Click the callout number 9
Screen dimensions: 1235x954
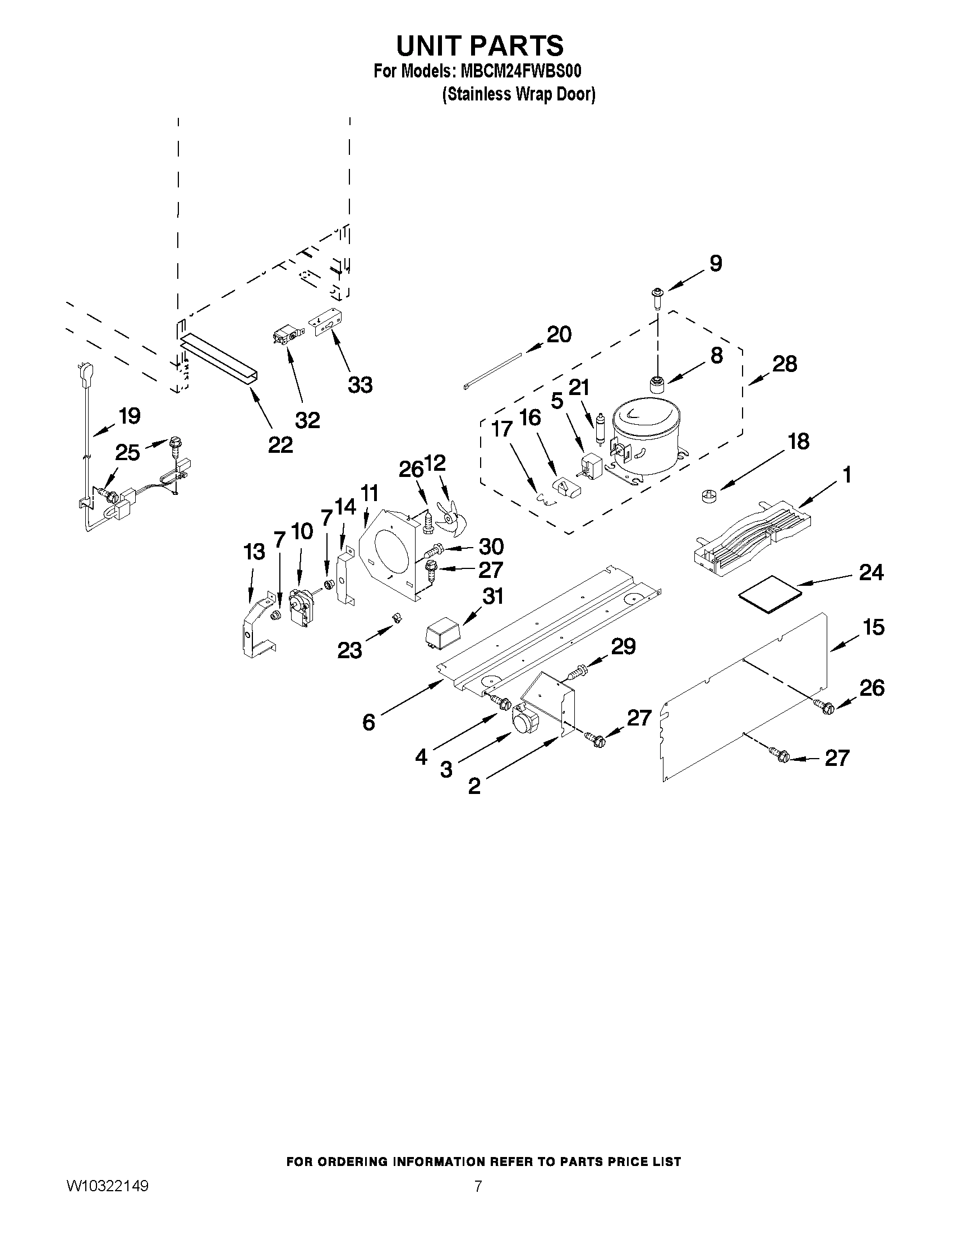[x=715, y=264]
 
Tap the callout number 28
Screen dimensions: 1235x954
[x=785, y=364]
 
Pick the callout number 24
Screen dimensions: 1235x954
[x=871, y=572]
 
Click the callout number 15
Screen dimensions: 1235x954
[x=874, y=627]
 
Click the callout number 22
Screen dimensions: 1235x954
[x=280, y=445]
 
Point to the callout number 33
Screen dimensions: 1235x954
[x=360, y=385]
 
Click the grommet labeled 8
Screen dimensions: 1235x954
[x=657, y=385]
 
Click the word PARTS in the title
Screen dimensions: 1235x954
[x=510, y=45]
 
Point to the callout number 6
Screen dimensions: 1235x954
[x=368, y=722]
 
